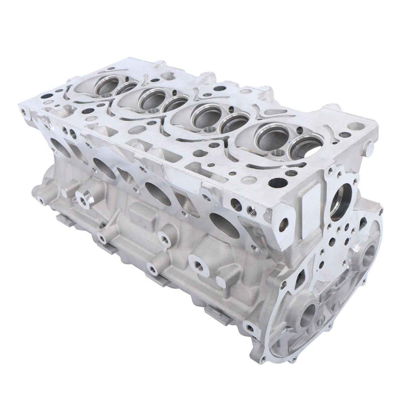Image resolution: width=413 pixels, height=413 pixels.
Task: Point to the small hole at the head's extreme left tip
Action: pyautogui.click(x=24, y=110)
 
